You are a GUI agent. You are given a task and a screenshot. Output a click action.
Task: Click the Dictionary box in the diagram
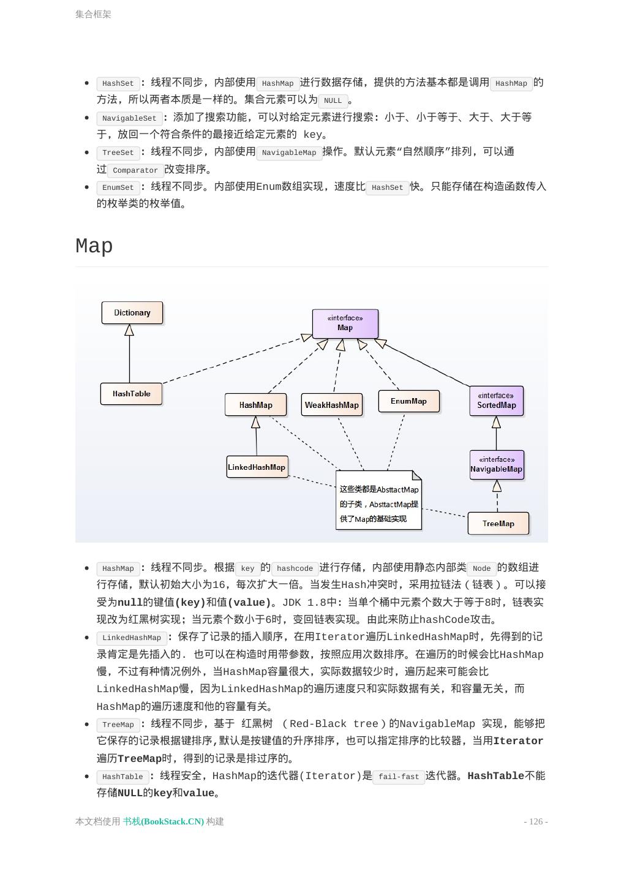coord(132,312)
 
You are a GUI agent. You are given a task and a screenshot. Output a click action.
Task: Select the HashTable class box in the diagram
coord(131,394)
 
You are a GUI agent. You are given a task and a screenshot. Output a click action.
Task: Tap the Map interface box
coord(345,323)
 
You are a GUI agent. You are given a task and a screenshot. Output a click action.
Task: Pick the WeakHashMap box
coord(332,405)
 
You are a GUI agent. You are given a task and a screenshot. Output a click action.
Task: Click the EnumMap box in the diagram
coord(409,401)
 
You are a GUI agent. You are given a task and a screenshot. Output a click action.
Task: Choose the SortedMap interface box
coord(497,401)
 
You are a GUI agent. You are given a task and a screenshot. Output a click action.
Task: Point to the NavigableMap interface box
coord(497,465)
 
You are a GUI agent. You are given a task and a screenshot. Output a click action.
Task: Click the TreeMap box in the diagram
coord(498,524)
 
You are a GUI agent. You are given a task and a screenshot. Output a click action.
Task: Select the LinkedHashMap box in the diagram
coord(257,467)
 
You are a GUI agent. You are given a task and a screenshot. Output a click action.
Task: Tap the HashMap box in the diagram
coord(256,405)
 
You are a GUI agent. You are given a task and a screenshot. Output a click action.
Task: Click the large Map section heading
coord(94,246)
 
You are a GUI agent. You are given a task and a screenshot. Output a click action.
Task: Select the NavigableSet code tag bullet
coord(129,118)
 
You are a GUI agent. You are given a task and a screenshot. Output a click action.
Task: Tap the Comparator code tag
coord(135,170)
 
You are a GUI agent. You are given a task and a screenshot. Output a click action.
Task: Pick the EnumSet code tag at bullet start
coord(118,187)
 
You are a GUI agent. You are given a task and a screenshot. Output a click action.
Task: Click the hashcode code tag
coord(295,568)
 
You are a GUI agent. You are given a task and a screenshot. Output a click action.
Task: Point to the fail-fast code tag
coord(399,777)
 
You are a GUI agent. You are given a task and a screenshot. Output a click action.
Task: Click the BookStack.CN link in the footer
coord(164,821)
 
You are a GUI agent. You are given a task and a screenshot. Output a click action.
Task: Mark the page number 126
coord(536,821)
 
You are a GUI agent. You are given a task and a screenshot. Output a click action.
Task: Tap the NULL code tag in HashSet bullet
coord(333,100)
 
